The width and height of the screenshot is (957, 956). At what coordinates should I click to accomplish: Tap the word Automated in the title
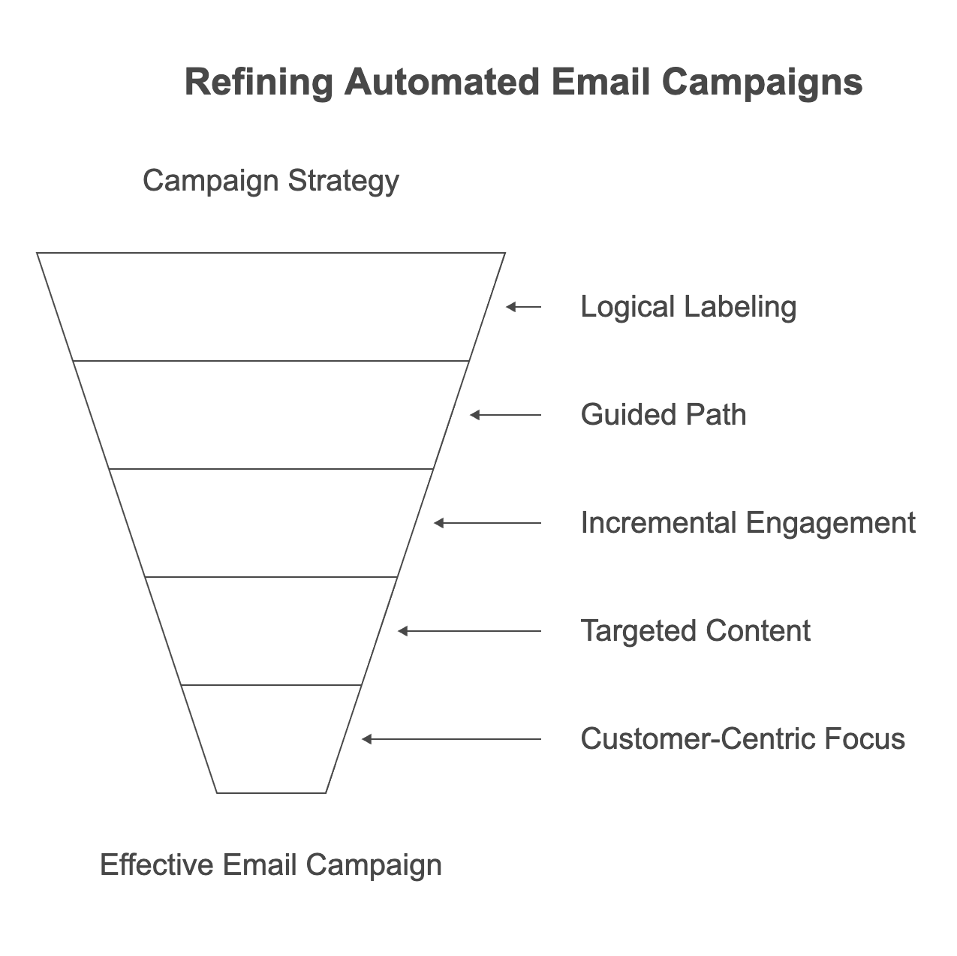442,82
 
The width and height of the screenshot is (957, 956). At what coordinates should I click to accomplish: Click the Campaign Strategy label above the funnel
270,181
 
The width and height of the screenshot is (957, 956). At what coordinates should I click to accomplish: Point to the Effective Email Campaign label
270,865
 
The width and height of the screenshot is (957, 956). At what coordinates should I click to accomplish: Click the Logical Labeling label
688,307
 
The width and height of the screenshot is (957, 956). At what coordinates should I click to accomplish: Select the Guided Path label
664,415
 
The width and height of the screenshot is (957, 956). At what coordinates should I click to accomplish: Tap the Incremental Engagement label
748,523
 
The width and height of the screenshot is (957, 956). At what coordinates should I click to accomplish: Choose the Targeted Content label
695,631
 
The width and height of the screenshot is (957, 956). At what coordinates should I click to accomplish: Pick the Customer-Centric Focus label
742,739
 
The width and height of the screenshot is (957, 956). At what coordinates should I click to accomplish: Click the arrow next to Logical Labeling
524,307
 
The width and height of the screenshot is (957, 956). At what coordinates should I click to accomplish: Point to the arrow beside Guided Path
506,415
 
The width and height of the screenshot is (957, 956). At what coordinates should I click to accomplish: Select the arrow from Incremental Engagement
488,523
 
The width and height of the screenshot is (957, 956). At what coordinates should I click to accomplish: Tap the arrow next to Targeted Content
470,631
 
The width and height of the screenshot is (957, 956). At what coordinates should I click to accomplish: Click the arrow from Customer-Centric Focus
452,739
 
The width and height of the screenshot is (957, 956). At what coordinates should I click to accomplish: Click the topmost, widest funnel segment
271,307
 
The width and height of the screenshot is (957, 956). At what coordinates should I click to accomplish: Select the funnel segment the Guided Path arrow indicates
271,415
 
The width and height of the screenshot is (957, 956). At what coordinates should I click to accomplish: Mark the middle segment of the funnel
271,523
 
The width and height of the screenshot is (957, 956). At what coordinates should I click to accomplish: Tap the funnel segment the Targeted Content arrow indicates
271,631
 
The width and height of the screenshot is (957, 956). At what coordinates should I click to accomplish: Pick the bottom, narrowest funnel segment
271,739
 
